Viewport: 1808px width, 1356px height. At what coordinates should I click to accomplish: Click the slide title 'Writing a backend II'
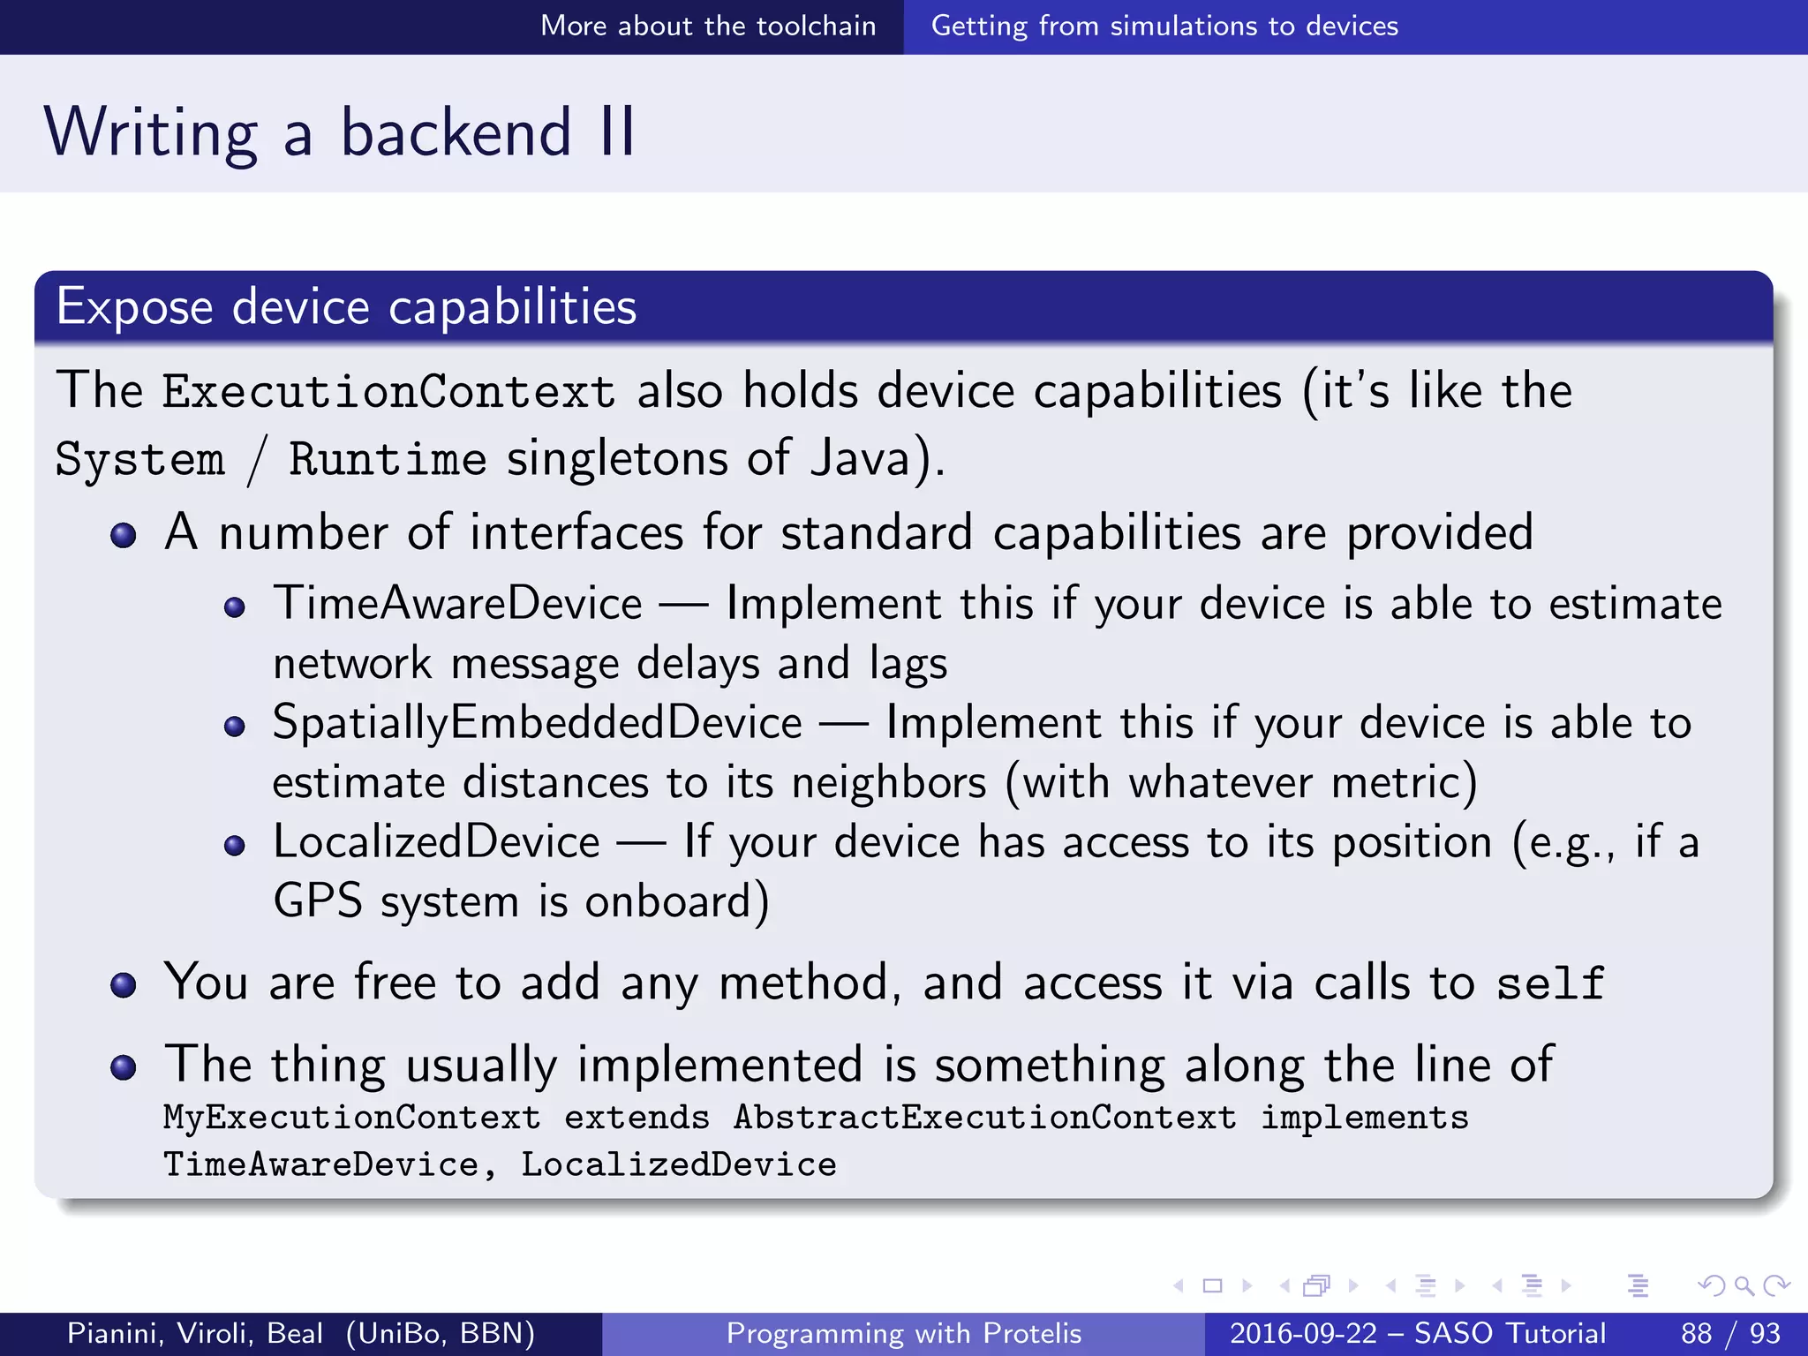point(340,132)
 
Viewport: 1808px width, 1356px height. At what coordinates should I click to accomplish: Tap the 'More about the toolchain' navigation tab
point(708,26)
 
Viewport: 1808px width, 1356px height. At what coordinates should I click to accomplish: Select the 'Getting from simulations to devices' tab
point(1164,26)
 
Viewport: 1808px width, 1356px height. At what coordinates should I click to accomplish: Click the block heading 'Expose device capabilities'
point(346,307)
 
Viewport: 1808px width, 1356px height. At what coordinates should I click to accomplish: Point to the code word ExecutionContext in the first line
point(388,391)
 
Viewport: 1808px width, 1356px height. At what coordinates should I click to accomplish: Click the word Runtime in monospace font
point(388,459)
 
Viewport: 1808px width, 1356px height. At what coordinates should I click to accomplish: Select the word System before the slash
point(139,459)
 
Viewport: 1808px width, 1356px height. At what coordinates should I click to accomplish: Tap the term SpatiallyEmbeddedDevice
point(537,722)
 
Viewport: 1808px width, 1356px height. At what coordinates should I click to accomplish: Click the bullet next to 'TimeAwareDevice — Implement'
point(234,607)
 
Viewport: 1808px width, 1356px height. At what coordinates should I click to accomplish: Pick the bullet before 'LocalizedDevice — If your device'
point(234,846)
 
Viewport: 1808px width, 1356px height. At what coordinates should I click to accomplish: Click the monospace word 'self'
point(1550,983)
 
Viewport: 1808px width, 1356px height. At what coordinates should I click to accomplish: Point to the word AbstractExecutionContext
point(984,1118)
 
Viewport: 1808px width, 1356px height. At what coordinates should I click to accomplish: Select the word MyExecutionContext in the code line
point(351,1118)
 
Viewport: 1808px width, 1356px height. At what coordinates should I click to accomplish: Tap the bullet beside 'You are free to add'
point(124,985)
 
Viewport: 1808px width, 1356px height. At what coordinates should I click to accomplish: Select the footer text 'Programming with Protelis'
point(903,1333)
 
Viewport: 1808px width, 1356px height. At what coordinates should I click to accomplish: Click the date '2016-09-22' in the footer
point(1303,1333)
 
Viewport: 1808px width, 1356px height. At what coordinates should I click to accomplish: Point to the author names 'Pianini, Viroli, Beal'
point(195,1333)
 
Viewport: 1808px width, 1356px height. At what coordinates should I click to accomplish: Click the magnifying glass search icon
point(1744,1285)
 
